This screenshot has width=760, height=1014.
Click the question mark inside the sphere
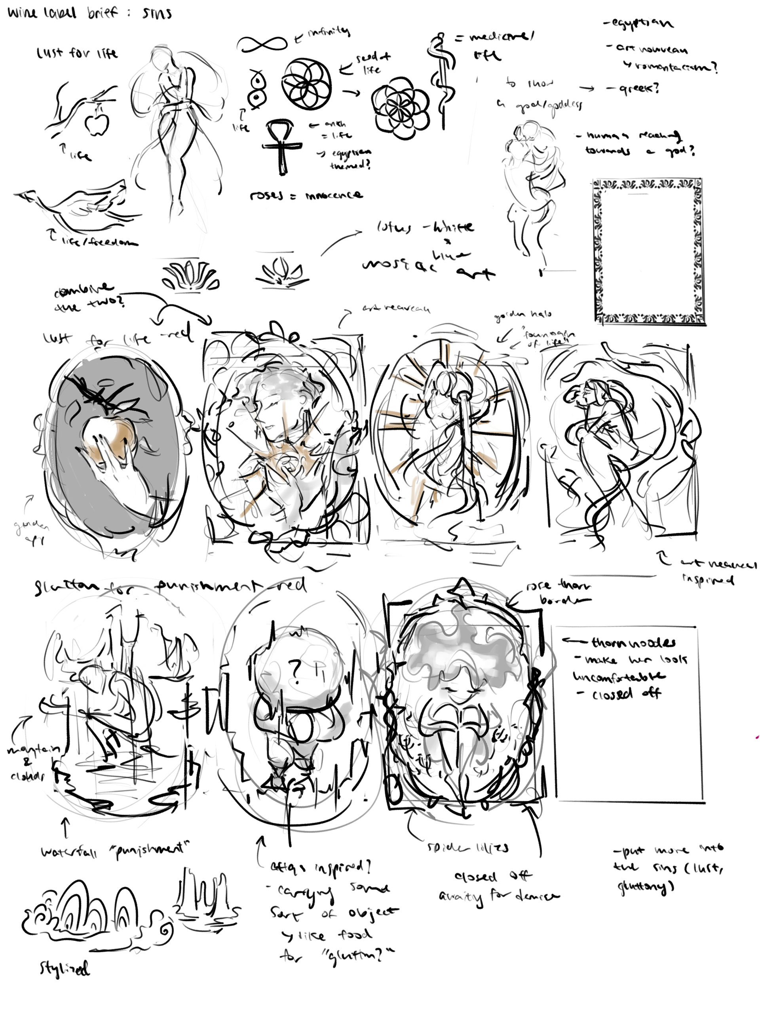tap(295, 671)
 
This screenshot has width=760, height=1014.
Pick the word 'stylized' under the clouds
tap(64, 967)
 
